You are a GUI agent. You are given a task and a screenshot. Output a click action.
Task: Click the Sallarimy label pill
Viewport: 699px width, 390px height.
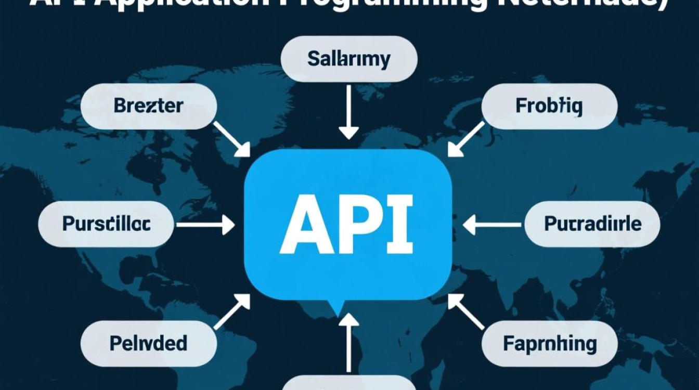pyautogui.click(x=349, y=59)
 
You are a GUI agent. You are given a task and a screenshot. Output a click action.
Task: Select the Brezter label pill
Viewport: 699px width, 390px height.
pyautogui.click(x=148, y=106)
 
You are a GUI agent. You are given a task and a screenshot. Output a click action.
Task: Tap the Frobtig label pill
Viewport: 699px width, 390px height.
pyautogui.click(x=549, y=106)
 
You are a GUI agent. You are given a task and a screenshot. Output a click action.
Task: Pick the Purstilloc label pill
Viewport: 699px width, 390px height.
pyautogui.click(x=107, y=224)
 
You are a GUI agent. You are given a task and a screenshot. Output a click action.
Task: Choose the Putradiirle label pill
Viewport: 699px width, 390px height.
pyautogui.click(x=592, y=224)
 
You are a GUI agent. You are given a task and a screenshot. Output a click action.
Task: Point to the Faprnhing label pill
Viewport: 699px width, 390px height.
pyautogui.click(x=549, y=343)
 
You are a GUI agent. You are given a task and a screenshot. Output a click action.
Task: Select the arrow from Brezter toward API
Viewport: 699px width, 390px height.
pyautogui.click(x=231, y=139)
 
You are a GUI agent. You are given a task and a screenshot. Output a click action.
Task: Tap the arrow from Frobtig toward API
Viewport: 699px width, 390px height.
pyautogui.click(x=465, y=139)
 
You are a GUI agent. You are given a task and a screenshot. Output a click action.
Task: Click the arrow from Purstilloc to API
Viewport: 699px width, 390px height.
pyautogui.click(x=205, y=225)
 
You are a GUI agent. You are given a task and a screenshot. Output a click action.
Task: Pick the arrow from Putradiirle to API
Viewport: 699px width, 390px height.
pyautogui.click(x=491, y=225)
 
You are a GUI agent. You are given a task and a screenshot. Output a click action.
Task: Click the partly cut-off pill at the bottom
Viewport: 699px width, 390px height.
pyautogui.click(x=349, y=384)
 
